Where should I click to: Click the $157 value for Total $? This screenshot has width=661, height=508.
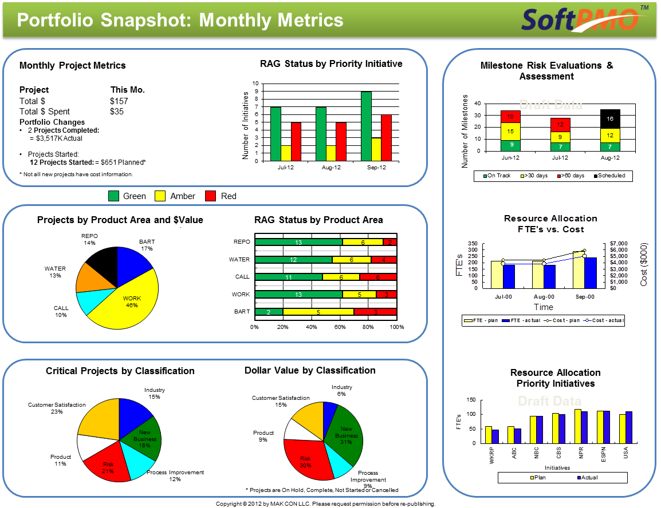[119, 101]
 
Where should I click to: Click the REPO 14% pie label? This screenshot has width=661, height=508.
[89, 239]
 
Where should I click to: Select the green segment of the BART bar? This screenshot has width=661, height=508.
[269, 312]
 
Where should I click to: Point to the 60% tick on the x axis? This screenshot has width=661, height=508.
[340, 327]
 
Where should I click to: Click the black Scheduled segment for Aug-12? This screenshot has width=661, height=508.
[609, 118]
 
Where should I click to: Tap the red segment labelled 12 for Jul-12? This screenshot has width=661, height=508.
[560, 125]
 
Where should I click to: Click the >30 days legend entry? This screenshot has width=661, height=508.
[535, 176]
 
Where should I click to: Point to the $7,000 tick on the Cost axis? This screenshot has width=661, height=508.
[619, 244]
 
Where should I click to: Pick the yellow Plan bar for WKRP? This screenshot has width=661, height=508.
[489, 435]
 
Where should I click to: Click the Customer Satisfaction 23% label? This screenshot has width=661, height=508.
[57, 408]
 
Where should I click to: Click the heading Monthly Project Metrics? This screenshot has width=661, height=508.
[73, 66]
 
